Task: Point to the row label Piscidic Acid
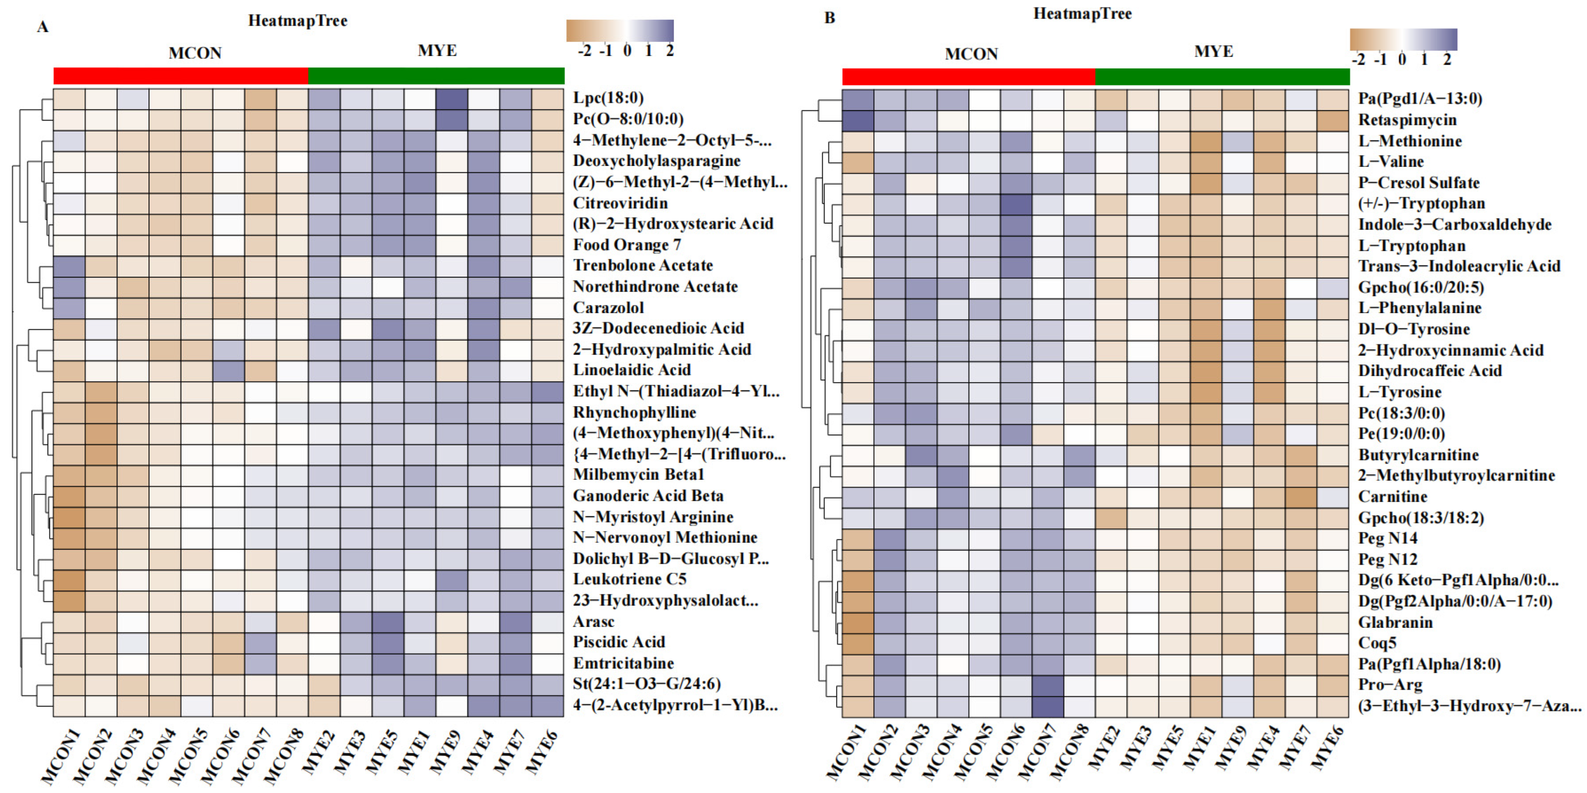(x=619, y=642)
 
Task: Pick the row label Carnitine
(x=1392, y=496)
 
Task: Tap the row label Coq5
(x=1377, y=643)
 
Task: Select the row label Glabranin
(x=1395, y=622)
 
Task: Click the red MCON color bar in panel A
(x=181, y=76)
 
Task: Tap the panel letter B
(x=829, y=18)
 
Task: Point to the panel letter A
(x=43, y=27)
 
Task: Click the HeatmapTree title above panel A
(x=298, y=21)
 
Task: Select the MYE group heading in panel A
(x=437, y=51)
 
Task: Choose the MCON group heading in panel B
(x=971, y=54)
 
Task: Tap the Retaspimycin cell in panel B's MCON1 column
(x=858, y=120)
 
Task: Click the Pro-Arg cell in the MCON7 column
(x=1048, y=685)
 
